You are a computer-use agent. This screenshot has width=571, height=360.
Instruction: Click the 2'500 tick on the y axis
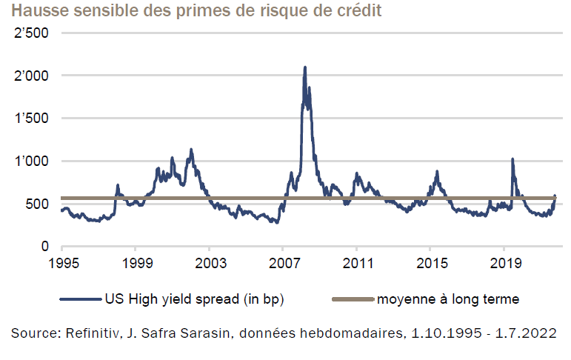point(31,33)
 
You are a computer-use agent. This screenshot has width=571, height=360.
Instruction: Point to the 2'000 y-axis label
point(31,76)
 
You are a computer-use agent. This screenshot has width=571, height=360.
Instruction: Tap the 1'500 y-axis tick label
point(31,119)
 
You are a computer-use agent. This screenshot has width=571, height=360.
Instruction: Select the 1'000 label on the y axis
point(31,161)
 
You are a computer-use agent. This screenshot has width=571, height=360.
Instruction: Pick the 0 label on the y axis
point(45,246)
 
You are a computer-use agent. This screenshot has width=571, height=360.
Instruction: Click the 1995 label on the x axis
point(61,262)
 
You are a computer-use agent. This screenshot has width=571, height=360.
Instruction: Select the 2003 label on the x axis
point(209,262)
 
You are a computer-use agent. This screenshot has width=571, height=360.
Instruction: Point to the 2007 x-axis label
point(283,262)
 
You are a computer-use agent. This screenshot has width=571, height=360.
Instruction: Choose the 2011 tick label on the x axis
point(356,262)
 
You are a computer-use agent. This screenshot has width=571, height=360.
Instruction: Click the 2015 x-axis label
point(430,262)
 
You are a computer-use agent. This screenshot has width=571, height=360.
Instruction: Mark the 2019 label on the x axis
point(504,262)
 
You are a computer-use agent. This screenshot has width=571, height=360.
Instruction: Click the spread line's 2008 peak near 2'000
point(304,68)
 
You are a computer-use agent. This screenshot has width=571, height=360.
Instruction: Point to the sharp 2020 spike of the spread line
point(512,159)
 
